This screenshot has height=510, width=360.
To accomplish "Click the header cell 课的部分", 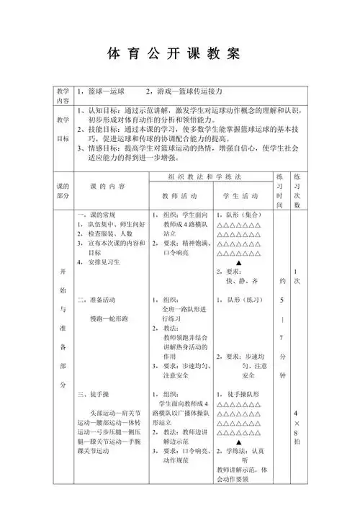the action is tap(63, 191).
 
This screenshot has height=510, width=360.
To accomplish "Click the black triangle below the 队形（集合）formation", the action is tap(238, 264).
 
